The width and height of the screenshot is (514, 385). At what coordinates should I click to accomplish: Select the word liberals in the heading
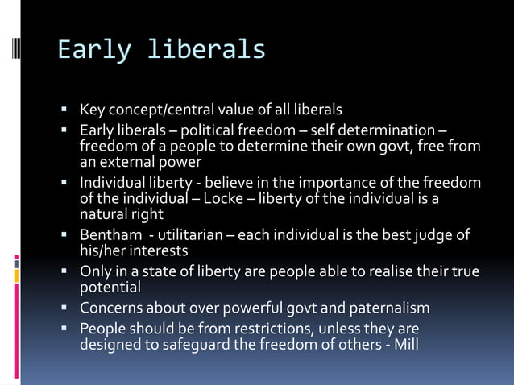point(205,50)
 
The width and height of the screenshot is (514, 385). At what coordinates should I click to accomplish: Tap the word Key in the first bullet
point(92,109)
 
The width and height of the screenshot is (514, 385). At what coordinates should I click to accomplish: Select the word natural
point(102,214)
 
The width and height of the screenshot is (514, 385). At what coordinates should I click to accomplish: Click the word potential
point(110,287)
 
